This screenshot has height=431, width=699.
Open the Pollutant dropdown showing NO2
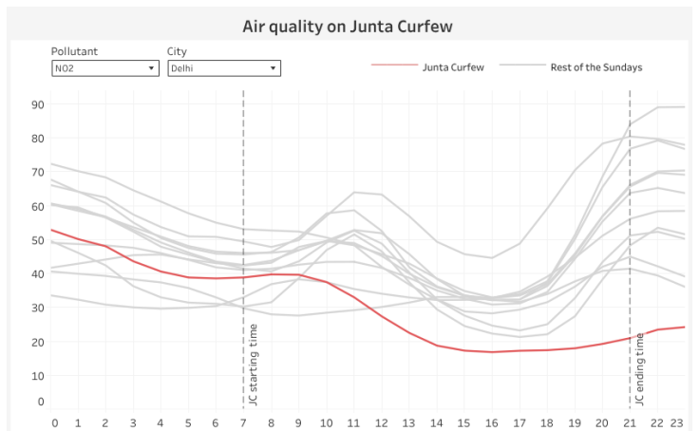pyautogui.click(x=104, y=68)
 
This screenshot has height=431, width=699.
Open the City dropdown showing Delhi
pyautogui.click(x=223, y=68)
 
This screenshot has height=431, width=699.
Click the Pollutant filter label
pyautogui.click(x=75, y=51)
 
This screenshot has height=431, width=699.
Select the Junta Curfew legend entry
pyautogui.click(x=453, y=67)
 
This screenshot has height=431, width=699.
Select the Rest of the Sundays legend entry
pyautogui.click(x=595, y=67)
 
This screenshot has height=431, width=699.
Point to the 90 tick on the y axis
pyautogui.click(x=38, y=103)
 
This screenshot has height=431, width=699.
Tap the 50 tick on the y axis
pyautogui.click(x=38, y=240)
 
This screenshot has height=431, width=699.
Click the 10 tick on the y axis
pyautogui.click(x=38, y=376)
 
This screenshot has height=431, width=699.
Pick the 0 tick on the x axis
pyautogui.click(x=54, y=422)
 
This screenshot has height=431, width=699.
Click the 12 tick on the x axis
pyautogui.click(x=382, y=422)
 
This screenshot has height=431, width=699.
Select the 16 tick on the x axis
pyautogui.click(x=491, y=422)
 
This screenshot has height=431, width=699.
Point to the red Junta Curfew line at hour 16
pyautogui.click(x=491, y=352)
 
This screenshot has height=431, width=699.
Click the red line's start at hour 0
pyautogui.click(x=52, y=230)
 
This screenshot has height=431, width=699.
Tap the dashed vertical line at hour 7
pyautogui.click(x=244, y=190)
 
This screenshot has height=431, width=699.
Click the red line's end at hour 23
pyautogui.click(x=683, y=327)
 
